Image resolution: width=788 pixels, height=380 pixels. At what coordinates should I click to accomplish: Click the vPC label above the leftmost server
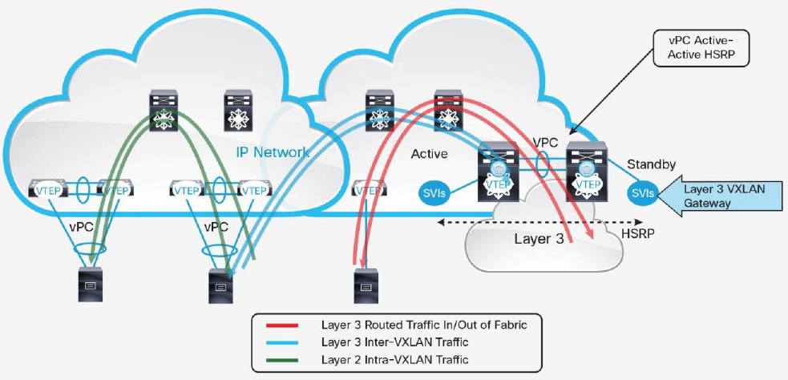pyautogui.click(x=86, y=227)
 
